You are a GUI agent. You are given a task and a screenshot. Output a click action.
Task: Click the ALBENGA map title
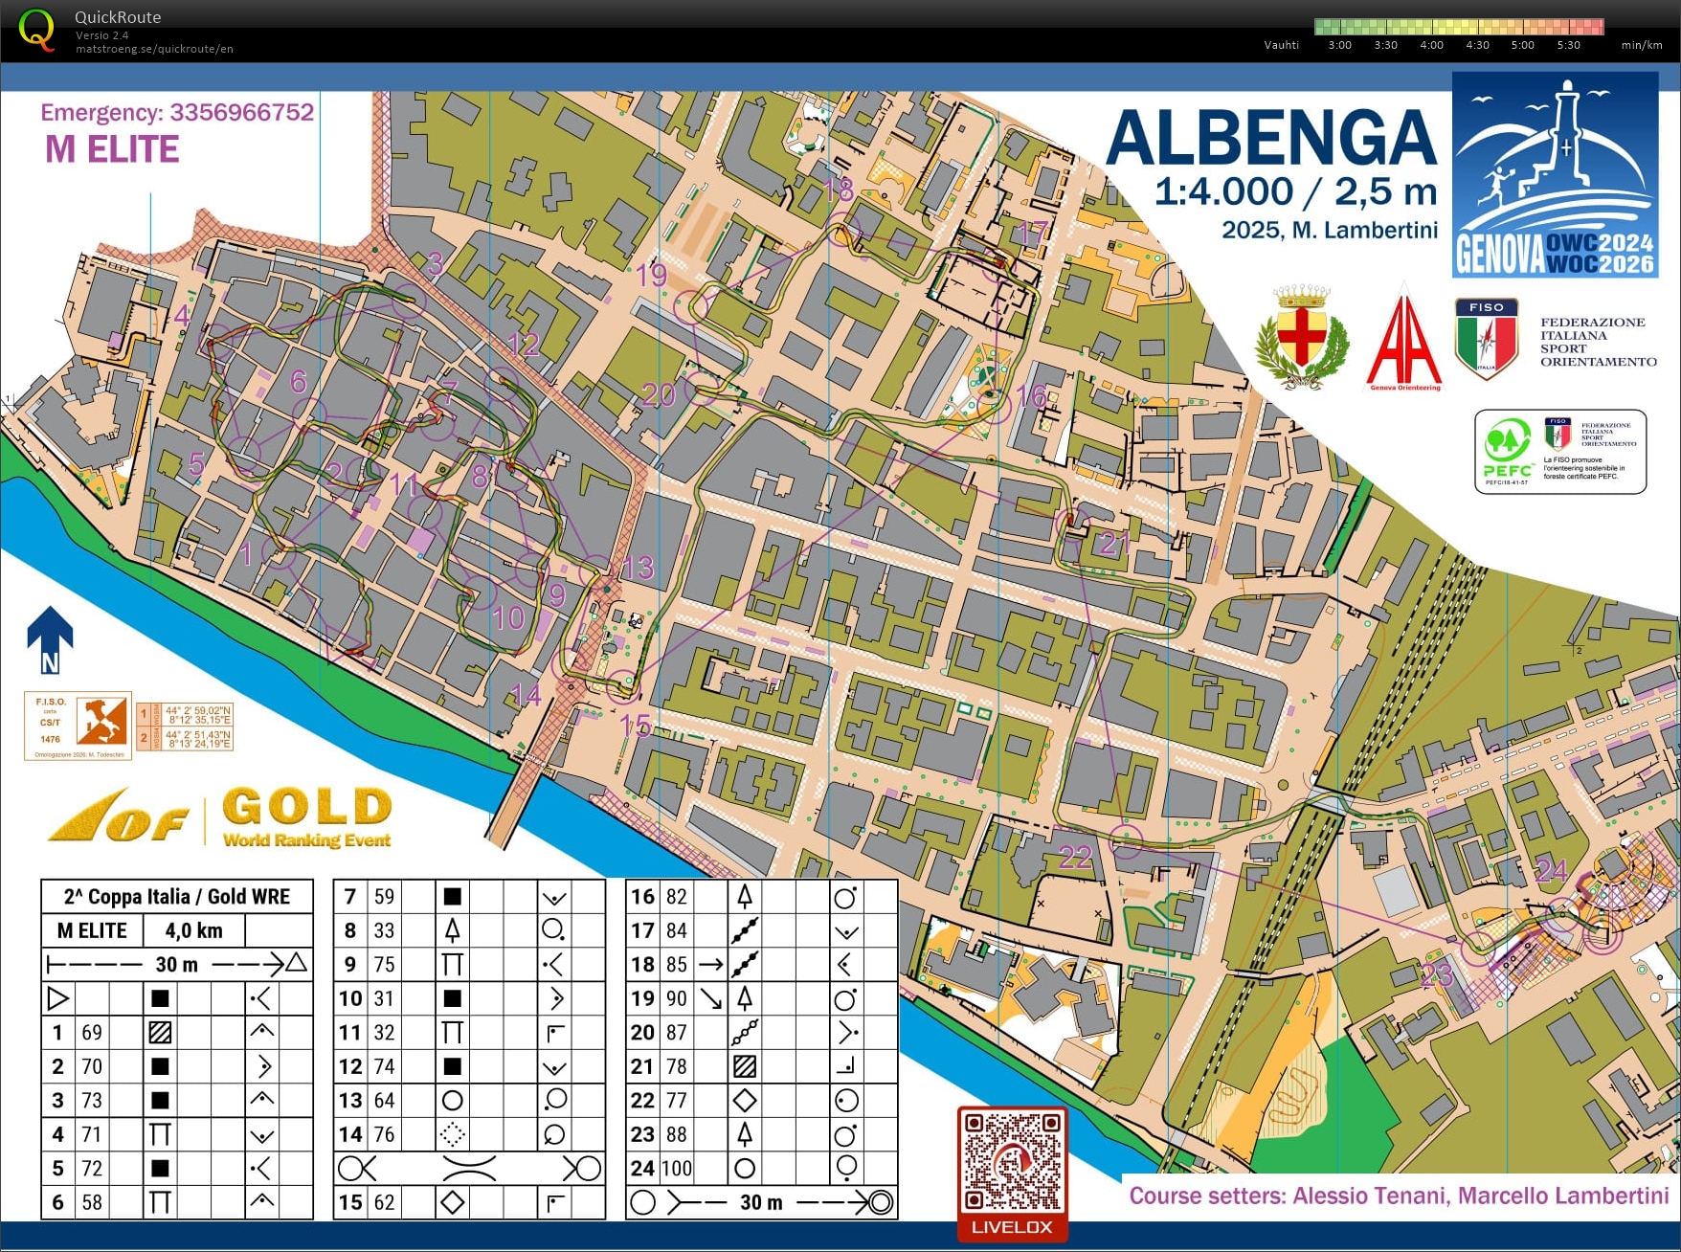tap(1270, 139)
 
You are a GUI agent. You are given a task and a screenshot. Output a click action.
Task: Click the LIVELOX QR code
tap(1012, 1161)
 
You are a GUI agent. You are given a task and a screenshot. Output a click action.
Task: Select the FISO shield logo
tap(1486, 337)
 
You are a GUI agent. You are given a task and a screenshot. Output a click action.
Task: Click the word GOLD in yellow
tap(307, 807)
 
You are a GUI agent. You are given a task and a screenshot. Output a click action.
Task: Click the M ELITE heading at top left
tap(112, 149)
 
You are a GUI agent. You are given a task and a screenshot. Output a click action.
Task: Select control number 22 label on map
tap(1075, 857)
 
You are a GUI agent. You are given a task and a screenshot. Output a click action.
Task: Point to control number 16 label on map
tap(1031, 395)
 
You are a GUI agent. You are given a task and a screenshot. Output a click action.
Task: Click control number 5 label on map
tap(196, 464)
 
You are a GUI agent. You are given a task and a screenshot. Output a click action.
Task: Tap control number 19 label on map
tap(651, 276)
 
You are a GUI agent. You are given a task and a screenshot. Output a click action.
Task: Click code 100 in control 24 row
tap(677, 1169)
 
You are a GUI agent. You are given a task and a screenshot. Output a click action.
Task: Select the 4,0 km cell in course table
tap(193, 930)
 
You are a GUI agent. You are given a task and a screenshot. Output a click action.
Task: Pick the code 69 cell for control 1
tap(92, 1033)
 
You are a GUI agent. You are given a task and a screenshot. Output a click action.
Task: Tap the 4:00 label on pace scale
tap(1431, 45)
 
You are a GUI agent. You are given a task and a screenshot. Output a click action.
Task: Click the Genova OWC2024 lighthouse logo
tap(1555, 174)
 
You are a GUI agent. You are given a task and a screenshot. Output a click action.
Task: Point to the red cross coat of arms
tap(1302, 335)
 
